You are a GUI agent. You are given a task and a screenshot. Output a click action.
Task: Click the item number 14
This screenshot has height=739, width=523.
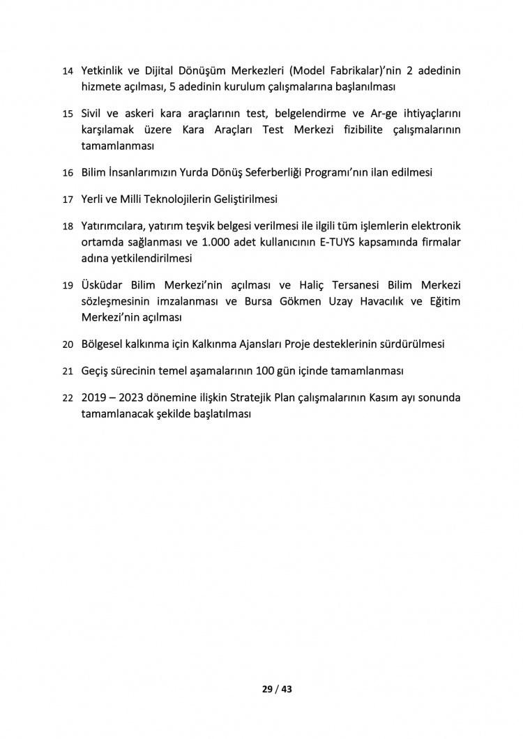[68, 72]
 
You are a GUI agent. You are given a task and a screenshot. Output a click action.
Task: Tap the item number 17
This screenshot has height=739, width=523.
[68, 199]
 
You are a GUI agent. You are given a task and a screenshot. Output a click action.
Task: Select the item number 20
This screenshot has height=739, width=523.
[68, 344]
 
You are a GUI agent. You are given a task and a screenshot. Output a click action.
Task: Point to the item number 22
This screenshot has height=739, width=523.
[68, 398]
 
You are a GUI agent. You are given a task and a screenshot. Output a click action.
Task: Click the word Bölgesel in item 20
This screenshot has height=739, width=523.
[103, 344]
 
